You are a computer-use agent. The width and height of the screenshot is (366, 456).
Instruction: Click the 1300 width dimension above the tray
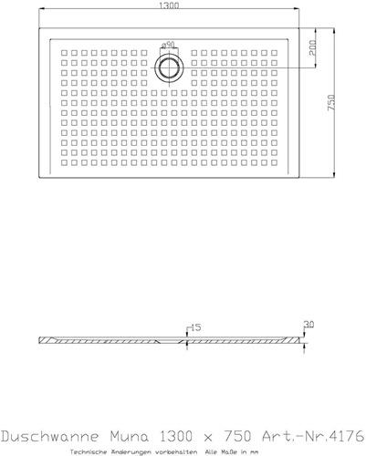(x=169, y=5)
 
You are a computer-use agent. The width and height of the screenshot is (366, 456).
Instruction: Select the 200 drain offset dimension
(x=312, y=47)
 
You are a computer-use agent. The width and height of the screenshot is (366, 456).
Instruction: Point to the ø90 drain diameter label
(x=168, y=45)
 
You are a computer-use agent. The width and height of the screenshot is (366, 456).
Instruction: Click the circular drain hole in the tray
(x=169, y=67)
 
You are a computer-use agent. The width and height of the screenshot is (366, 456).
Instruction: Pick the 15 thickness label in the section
(x=195, y=327)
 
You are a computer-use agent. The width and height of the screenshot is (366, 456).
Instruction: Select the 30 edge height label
(x=308, y=325)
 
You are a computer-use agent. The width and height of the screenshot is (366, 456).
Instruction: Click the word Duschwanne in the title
(x=50, y=437)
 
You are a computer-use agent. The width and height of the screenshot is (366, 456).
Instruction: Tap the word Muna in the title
(x=130, y=437)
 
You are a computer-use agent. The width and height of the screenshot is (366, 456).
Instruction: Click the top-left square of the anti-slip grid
(x=64, y=53)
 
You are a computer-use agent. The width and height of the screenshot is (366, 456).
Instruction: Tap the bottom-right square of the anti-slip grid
(x=274, y=162)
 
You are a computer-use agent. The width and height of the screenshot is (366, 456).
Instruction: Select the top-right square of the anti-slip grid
(x=274, y=53)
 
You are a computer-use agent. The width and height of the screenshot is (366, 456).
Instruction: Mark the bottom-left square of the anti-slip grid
(x=64, y=162)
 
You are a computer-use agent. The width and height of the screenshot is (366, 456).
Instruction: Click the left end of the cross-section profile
(x=39, y=340)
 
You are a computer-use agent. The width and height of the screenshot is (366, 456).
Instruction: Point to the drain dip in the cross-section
(x=171, y=341)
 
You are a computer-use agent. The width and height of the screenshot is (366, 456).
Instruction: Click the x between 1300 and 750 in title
(x=208, y=438)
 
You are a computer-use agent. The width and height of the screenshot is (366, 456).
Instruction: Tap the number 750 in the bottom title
(x=237, y=437)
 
